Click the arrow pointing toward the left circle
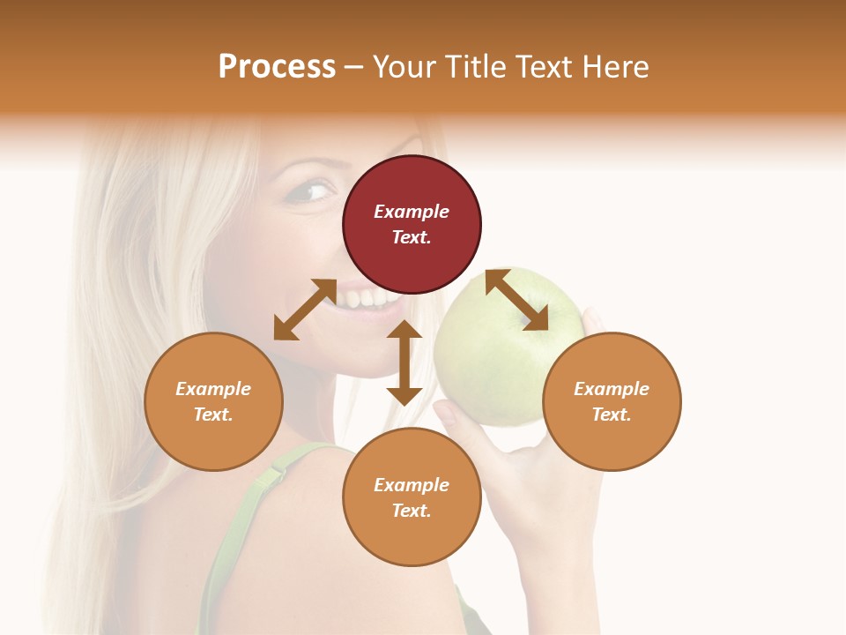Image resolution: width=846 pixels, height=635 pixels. [x=305, y=310]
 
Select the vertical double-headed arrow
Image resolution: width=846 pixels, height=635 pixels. [x=404, y=362]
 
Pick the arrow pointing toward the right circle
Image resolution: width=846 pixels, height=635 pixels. [x=516, y=300]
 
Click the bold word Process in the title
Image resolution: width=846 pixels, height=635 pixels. [x=277, y=67]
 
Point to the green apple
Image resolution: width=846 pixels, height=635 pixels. [x=493, y=353]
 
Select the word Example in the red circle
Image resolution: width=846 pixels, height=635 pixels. [x=412, y=212]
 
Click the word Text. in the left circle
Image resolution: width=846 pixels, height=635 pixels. [x=213, y=415]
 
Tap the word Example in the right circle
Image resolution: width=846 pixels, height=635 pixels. [x=612, y=389]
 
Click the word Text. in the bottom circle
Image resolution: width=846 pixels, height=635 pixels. [x=412, y=511]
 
